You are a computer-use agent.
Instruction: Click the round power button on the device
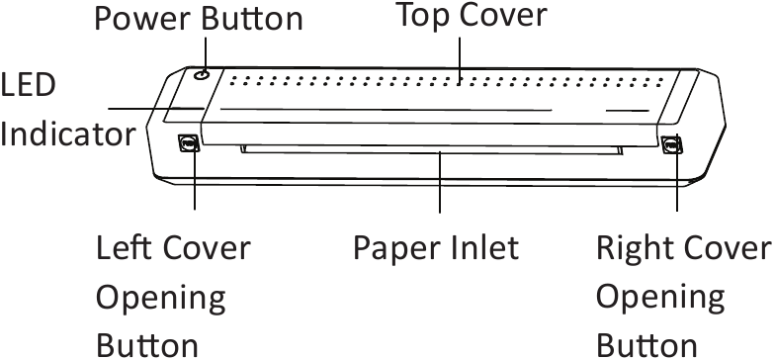coord(202,74)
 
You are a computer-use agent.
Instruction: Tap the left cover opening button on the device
coord(187,144)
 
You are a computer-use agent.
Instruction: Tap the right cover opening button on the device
coord(671,146)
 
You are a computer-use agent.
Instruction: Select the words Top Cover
coord(470,15)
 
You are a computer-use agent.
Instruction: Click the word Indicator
coord(67,134)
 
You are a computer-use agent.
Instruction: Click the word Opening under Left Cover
coord(160,296)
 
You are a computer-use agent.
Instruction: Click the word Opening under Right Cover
coord(661,296)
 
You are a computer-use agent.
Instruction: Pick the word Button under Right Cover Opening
coord(646,344)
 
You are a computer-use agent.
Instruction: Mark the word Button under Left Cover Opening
coord(146,344)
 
